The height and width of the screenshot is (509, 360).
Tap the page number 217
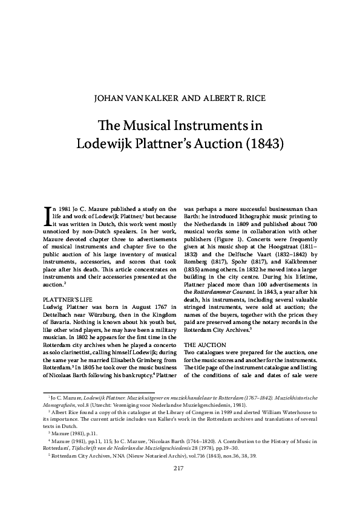(x=178, y=485)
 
